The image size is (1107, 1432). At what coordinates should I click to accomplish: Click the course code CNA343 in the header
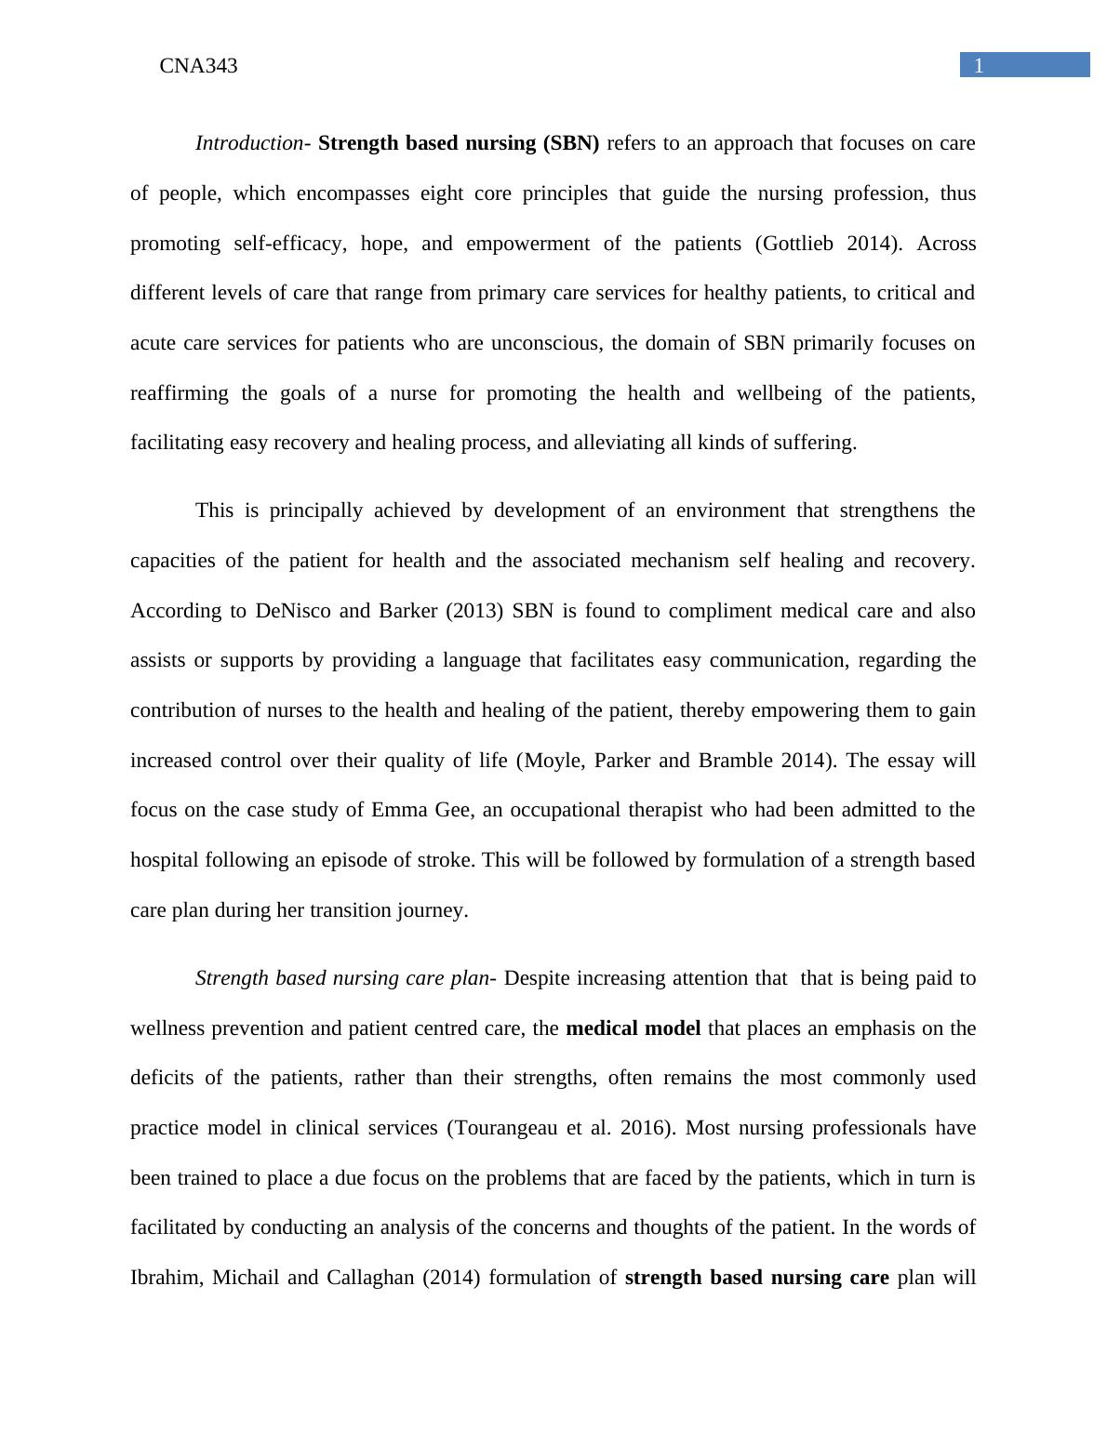coord(198,66)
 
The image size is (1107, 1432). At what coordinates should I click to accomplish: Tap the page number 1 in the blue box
coord(979,66)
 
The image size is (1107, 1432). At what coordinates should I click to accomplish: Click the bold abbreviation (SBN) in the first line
coord(570,143)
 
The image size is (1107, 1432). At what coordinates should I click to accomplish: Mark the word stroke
coord(446,860)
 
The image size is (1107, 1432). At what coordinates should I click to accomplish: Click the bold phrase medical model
coord(633,1028)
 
